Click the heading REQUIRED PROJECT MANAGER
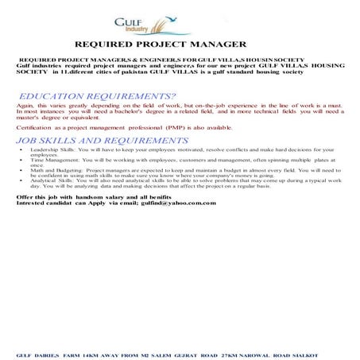click(160, 45)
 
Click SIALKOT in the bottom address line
click(305, 348)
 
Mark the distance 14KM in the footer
click(91, 348)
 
